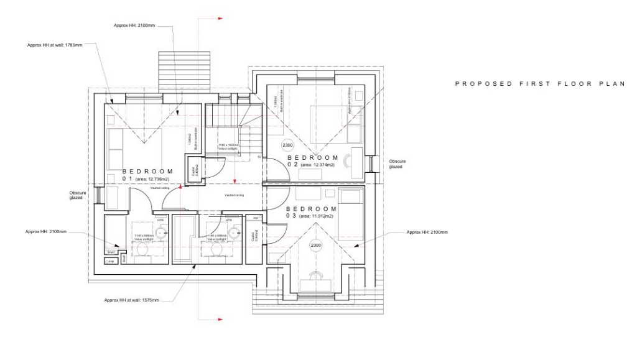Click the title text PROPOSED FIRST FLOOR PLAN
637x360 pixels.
coord(539,83)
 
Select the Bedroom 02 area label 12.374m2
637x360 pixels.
coord(317,165)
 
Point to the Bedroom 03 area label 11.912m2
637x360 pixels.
coord(317,216)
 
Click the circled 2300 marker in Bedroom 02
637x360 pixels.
coord(287,145)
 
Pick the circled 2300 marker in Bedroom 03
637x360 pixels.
coord(316,246)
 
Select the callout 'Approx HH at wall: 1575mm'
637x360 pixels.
coord(133,300)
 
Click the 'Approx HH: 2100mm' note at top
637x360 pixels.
coord(134,25)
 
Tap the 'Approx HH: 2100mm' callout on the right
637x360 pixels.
coord(427,232)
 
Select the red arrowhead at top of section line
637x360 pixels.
coord(220,19)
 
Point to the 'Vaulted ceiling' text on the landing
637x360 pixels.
coord(234,195)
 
